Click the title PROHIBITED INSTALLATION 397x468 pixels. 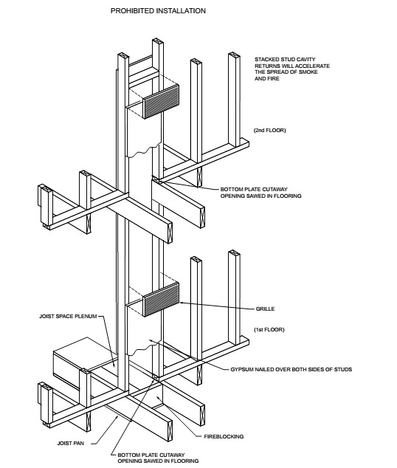point(158,11)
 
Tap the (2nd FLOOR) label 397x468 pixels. point(269,130)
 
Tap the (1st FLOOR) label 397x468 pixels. point(269,329)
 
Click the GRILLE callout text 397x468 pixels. point(265,309)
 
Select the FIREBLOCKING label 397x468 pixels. point(224,436)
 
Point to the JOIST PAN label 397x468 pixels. point(71,443)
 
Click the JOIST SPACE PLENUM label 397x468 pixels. point(68,316)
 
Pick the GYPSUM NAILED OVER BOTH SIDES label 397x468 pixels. point(291,369)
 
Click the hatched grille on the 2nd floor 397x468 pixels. point(161,101)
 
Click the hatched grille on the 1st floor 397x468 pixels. point(161,300)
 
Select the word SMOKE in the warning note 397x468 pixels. point(308,72)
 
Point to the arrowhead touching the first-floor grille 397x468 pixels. point(181,303)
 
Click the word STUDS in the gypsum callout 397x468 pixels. point(343,369)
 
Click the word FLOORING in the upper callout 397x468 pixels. point(288,196)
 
